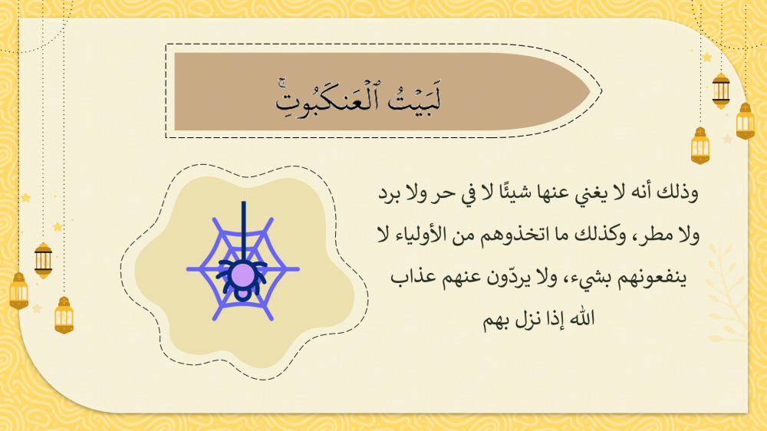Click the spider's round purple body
tap(242, 275)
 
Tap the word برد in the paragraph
tap(390, 192)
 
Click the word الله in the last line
tap(584, 319)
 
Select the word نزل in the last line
tap(528, 320)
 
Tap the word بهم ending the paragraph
tap(498, 320)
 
